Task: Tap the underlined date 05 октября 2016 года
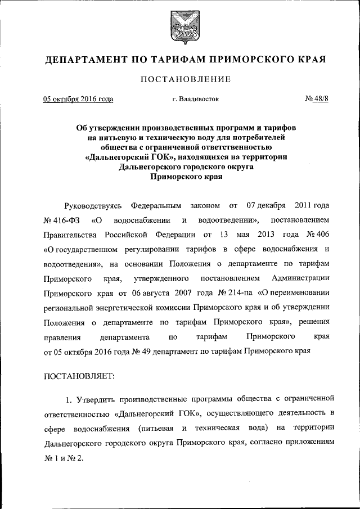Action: pyautogui.click(x=78, y=100)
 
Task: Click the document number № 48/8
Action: pyautogui.click(x=316, y=100)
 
